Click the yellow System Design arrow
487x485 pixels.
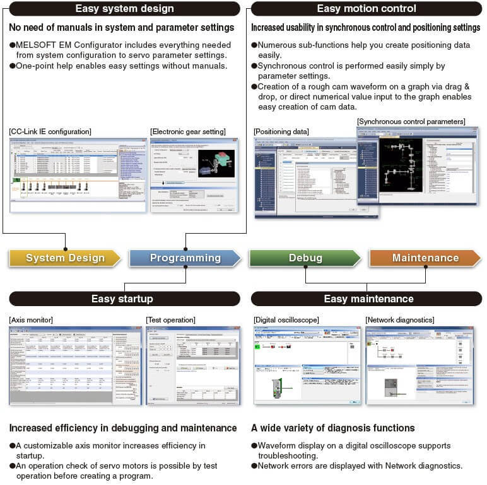65,258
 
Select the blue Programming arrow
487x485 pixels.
185,258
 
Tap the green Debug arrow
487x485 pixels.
305,258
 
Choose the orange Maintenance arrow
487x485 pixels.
425,258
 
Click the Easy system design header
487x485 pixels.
124,9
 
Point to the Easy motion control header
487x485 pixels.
367,9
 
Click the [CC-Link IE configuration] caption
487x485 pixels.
50,132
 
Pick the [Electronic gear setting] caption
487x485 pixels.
188,132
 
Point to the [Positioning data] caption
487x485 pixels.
281,131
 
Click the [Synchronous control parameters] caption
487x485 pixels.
411,121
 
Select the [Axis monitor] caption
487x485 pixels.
31,320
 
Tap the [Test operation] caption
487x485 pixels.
170,320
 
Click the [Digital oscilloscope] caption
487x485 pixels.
286,320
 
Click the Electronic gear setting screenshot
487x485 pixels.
194,175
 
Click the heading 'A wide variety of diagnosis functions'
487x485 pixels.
333,428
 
